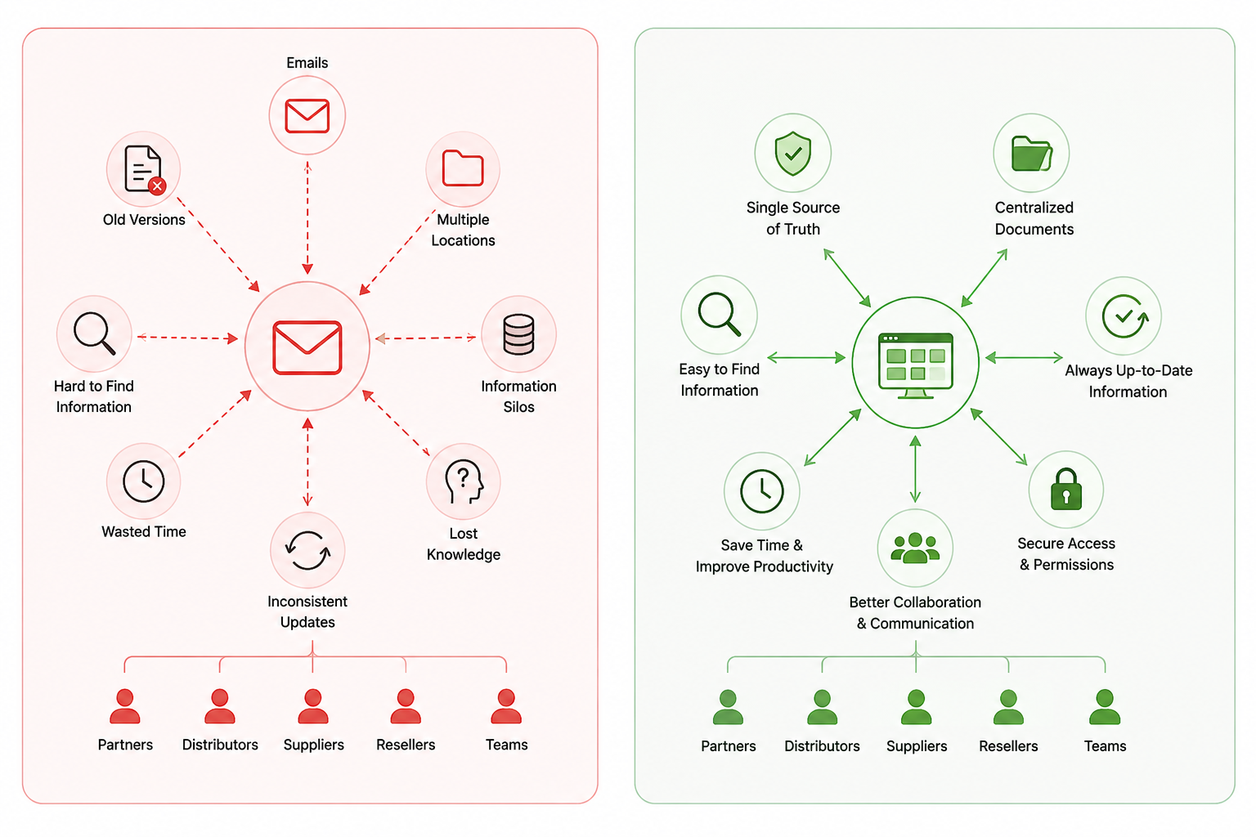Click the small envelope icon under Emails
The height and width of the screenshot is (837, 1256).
pyautogui.click(x=307, y=115)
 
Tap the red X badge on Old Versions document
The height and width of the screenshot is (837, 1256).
pyautogui.click(x=157, y=186)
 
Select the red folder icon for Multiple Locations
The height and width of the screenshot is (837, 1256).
pyautogui.click(x=463, y=168)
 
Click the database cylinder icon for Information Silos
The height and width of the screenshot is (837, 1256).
pyautogui.click(x=518, y=334)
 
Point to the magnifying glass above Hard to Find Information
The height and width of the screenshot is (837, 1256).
pyautogui.click(x=94, y=333)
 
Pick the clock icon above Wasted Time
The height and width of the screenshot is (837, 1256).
pyautogui.click(x=144, y=481)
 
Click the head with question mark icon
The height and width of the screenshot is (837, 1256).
pyautogui.click(x=464, y=481)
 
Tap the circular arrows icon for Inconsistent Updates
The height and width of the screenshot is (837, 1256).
pyautogui.click(x=307, y=550)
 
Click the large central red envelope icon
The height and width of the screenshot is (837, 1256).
pyautogui.click(x=307, y=347)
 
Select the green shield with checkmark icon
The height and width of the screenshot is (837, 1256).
pyautogui.click(x=793, y=153)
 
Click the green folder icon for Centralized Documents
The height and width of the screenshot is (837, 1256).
pyautogui.click(x=1032, y=153)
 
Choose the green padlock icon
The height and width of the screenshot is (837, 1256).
pyautogui.click(x=1066, y=490)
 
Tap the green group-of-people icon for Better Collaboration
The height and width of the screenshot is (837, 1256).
pyautogui.click(x=915, y=548)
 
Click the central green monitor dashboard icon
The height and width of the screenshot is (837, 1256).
pyautogui.click(x=915, y=365)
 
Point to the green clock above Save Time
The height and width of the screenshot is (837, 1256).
pyautogui.click(x=761, y=491)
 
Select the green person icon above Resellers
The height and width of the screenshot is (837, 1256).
pyautogui.click(x=1008, y=707)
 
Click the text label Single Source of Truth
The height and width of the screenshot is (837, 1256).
pyautogui.click(x=793, y=218)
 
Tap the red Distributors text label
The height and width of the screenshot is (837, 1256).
pyautogui.click(x=220, y=745)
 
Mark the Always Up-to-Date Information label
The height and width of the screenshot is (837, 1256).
pyautogui.click(x=1128, y=381)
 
